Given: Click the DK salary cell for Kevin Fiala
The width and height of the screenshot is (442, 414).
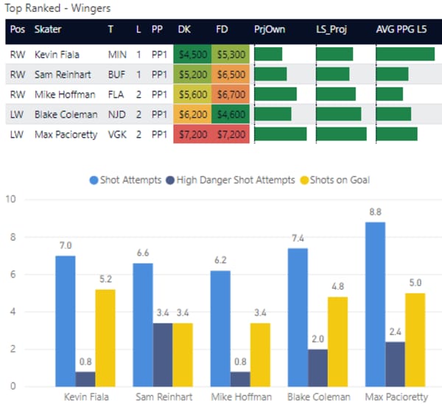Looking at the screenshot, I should (192, 55).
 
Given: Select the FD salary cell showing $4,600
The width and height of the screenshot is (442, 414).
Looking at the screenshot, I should (232, 114).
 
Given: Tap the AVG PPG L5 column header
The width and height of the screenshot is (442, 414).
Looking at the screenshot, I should (403, 30).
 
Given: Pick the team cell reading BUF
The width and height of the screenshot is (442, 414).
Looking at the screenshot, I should (116, 74).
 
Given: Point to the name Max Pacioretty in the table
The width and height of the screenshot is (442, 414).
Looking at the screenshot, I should (66, 135).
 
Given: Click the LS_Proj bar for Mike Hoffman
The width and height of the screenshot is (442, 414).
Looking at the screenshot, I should (336, 94).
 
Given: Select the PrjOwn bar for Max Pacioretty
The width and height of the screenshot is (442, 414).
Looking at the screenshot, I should (280, 134).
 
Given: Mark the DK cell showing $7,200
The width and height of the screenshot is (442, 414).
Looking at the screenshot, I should (192, 135).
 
